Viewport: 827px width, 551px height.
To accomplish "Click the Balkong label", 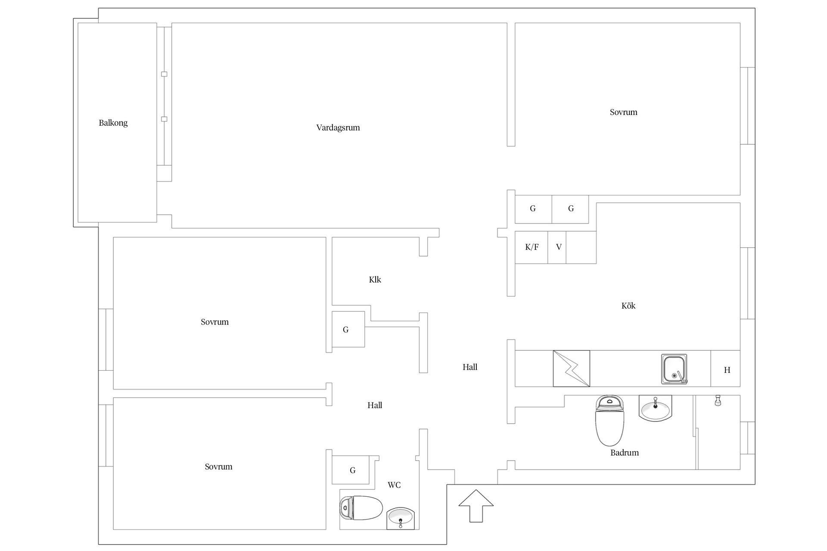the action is [x=113, y=123].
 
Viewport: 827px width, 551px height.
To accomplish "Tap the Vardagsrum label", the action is [x=338, y=128].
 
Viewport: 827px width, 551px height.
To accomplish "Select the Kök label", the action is [x=628, y=306].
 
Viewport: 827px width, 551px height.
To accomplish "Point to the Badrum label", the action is [x=625, y=452].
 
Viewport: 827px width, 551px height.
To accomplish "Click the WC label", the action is [x=394, y=485].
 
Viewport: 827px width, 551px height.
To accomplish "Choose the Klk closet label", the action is [x=375, y=280].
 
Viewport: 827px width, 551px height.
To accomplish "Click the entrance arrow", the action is [x=476, y=506].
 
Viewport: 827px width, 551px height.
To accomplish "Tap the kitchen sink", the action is [x=674, y=369].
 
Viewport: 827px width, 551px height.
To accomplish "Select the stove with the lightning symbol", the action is [x=572, y=368].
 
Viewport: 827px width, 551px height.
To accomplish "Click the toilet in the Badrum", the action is [x=609, y=421].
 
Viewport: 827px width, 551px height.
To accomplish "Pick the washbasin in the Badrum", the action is [x=655, y=409].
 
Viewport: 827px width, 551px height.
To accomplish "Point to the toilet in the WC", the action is [x=361, y=508].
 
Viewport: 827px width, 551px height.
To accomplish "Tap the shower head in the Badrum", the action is [x=718, y=400].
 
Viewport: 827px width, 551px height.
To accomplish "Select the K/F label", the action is [x=532, y=247].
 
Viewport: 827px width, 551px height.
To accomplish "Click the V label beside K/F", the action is [x=559, y=247].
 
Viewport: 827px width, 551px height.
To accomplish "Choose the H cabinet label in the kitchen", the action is [x=727, y=370].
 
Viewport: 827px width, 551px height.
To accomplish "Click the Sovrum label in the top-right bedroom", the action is [x=623, y=112].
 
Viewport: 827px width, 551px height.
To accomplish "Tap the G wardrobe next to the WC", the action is [x=352, y=471].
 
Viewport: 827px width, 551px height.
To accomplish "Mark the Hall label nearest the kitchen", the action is [x=470, y=367].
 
